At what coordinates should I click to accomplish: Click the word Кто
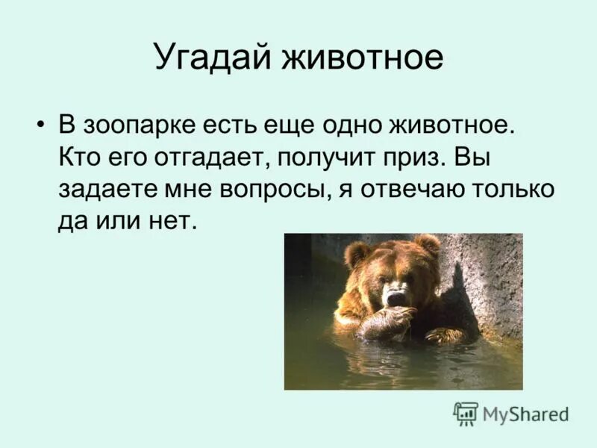click(78, 157)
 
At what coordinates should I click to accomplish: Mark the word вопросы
click(267, 190)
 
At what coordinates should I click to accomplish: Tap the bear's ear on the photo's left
click(356, 254)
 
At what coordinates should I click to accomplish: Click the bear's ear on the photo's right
click(428, 245)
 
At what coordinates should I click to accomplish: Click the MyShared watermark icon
click(466, 413)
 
